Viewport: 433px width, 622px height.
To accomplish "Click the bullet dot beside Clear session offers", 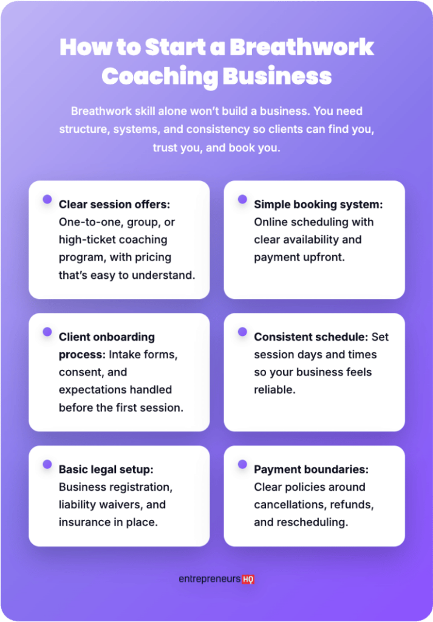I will tap(47, 199).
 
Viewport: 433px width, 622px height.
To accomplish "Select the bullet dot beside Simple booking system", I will tap(242, 199).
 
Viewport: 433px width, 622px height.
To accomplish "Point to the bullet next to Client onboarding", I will tap(47, 331).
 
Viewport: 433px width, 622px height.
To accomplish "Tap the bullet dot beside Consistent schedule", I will tap(242, 332).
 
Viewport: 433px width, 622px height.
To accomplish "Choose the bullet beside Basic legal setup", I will tap(47, 464).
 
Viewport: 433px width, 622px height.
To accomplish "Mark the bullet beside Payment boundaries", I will tap(242, 464).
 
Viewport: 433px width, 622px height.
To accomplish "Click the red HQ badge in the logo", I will tap(248, 579).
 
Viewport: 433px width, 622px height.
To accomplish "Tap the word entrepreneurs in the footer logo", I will tap(209, 579).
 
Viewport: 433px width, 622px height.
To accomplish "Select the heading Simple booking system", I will tap(318, 205).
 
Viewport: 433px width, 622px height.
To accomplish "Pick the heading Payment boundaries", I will tap(311, 470).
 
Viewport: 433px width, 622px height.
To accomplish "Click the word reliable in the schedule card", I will tap(274, 390).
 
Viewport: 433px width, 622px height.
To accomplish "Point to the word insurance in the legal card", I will tap(84, 522).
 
